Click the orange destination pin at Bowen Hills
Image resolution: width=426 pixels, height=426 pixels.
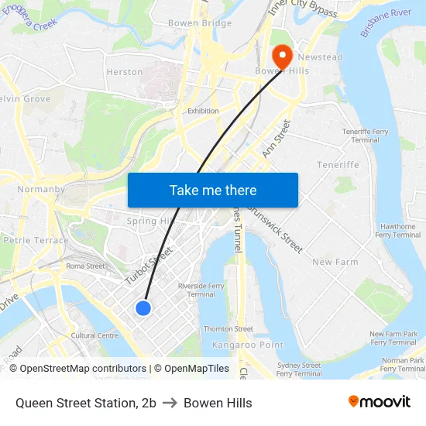click(281, 53)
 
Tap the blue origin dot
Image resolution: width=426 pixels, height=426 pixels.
click(143, 308)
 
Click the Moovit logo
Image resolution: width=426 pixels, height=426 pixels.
click(379, 401)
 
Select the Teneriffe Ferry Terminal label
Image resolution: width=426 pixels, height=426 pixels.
click(365, 136)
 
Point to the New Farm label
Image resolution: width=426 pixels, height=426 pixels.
click(335, 262)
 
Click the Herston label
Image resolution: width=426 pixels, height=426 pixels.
click(124, 72)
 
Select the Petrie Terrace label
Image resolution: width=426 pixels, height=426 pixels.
click(36, 240)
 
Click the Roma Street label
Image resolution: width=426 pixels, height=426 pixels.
click(85, 266)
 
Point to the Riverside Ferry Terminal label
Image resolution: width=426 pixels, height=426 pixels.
click(201, 290)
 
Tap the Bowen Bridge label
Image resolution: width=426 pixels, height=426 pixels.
click(200, 23)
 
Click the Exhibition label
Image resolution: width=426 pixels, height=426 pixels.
click(203, 111)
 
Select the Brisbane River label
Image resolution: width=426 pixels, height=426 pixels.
click(385, 24)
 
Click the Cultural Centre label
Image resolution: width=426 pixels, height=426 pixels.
click(94, 335)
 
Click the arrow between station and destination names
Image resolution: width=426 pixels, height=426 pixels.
click(170, 403)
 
